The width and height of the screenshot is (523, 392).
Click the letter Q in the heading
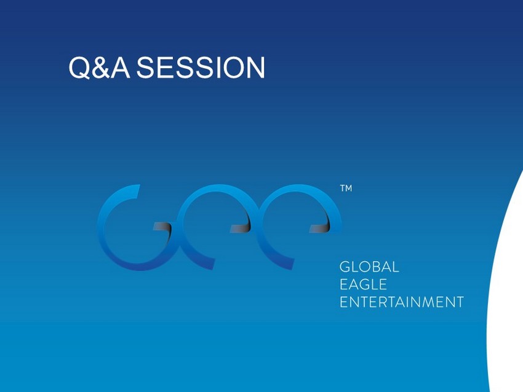point(79,68)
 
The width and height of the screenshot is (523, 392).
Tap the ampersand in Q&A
point(100,67)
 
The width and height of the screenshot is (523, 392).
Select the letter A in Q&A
point(120,67)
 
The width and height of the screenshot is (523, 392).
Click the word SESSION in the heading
point(201,67)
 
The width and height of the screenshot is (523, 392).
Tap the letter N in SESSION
point(255,67)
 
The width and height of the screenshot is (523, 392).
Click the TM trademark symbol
point(346,189)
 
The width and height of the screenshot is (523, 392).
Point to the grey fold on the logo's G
point(162,227)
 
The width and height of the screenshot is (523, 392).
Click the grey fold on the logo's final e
point(320,228)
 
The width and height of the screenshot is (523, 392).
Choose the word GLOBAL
point(369,267)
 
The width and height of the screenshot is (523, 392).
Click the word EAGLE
point(363,284)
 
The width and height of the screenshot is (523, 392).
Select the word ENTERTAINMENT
point(402,302)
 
